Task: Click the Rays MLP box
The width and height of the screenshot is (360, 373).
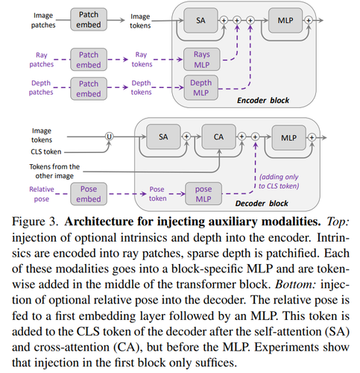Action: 202,60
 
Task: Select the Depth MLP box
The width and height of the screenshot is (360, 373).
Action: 200,88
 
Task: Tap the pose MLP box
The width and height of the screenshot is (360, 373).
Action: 203,194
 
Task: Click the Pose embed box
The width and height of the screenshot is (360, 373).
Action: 89,194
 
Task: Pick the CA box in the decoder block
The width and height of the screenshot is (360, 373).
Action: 218,137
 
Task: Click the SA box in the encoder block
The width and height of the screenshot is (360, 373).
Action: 200,20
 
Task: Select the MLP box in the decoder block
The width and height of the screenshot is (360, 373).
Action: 288,137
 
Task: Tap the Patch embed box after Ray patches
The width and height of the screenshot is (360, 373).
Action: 89,60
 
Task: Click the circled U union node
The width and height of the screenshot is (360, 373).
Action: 109,137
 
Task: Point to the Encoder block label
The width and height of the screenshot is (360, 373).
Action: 263,101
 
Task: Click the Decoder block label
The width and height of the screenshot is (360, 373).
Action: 262,204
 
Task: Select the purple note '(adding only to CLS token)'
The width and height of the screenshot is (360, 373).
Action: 279,181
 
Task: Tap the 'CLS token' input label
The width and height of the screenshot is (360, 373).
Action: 46,151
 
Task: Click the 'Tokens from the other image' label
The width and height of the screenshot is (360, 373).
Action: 54,171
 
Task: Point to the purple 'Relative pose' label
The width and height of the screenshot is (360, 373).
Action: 42,194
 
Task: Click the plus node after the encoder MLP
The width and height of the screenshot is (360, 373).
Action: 309,20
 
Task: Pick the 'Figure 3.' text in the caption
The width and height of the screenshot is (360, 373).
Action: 35,222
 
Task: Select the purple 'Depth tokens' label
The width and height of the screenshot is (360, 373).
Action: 141,87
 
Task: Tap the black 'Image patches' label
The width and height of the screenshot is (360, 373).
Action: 43,20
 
